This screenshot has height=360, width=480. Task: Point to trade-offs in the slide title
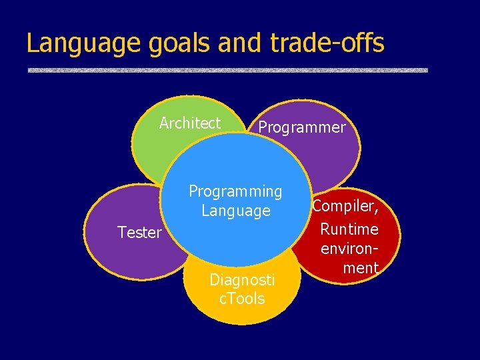click(327, 43)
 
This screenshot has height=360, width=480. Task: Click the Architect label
click(190, 123)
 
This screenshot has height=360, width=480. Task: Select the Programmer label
click(302, 127)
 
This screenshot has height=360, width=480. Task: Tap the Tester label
click(139, 233)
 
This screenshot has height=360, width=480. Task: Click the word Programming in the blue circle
click(235, 191)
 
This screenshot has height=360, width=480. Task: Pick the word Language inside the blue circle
click(236, 211)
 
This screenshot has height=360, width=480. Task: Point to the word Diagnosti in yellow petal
click(241, 279)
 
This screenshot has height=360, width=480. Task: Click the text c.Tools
click(242, 299)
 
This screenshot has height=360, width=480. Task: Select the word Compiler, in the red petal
click(346, 207)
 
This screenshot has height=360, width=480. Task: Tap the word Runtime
click(349, 229)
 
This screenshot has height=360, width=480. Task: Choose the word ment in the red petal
click(360, 268)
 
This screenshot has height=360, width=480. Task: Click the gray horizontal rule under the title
click(227, 69)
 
